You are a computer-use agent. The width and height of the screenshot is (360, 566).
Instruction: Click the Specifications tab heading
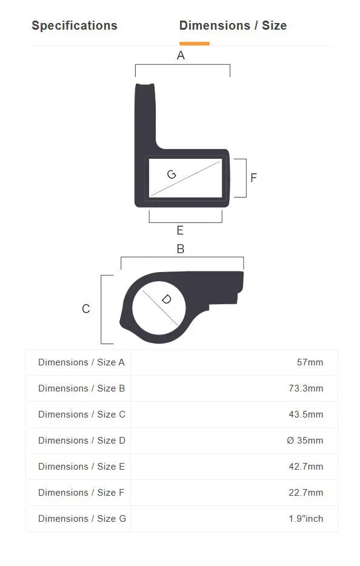(75, 25)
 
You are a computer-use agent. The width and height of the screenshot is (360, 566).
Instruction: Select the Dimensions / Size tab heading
(233, 25)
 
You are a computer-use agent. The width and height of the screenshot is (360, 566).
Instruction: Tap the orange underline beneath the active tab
(195, 44)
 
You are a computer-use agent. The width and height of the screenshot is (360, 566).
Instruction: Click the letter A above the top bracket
(181, 56)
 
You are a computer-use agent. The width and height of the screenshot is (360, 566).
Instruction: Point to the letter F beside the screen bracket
(253, 178)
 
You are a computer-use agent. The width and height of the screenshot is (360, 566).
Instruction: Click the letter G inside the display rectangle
(172, 175)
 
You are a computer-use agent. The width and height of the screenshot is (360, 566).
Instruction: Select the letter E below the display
(180, 230)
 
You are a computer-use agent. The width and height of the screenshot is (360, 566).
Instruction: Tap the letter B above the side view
(181, 249)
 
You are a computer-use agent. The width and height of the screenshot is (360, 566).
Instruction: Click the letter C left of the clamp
(86, 309)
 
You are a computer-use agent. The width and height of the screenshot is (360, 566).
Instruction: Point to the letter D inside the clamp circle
(166, 299)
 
